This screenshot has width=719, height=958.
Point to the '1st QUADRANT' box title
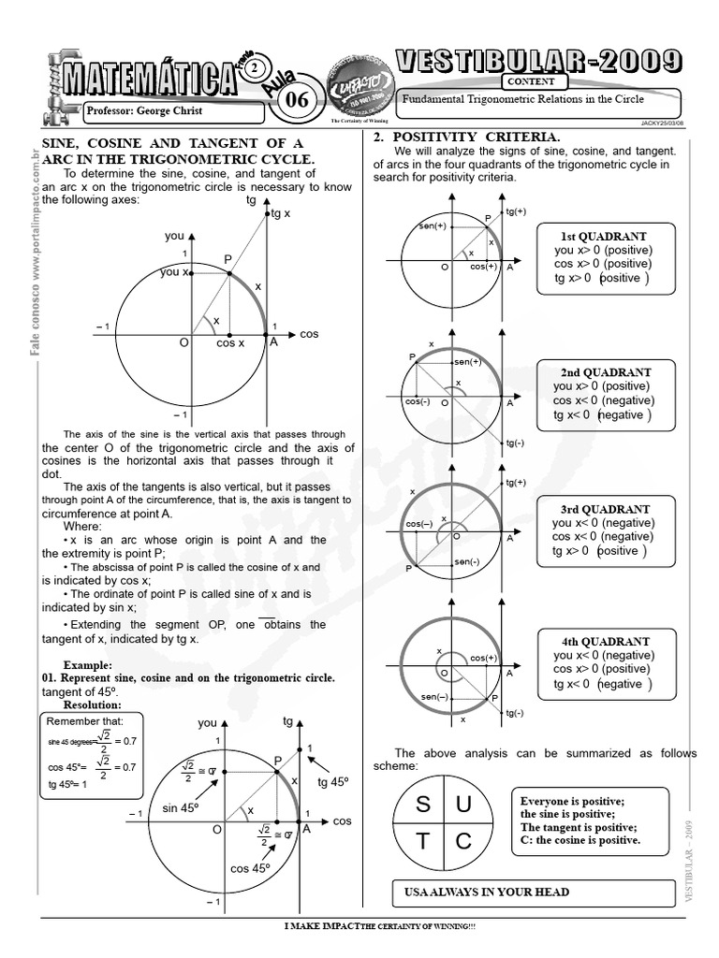coord(604,237)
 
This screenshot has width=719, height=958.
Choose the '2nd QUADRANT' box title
coord(606,372)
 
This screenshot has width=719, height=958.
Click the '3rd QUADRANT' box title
coord(604,509)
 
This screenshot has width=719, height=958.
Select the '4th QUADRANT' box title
coord(605,642)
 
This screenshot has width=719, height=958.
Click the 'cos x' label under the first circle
coord(230,343)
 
